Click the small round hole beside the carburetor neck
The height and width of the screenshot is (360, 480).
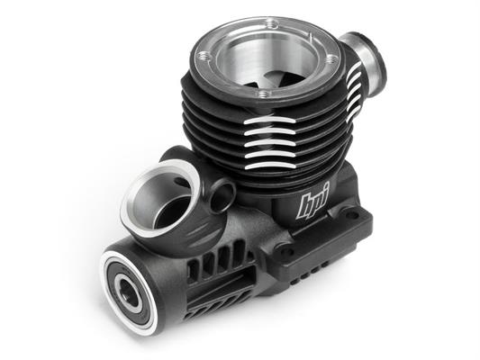(x=222, y=196)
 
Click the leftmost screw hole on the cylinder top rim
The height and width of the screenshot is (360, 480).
(x=203, y=57)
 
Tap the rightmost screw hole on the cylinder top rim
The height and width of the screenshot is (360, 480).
(x=330, y=59)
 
